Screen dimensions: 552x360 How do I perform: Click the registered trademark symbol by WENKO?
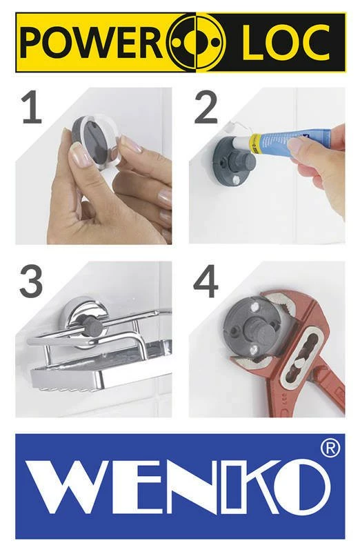click(x=330, y=448)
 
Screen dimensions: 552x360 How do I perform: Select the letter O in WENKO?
click(x=301, y=491)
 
